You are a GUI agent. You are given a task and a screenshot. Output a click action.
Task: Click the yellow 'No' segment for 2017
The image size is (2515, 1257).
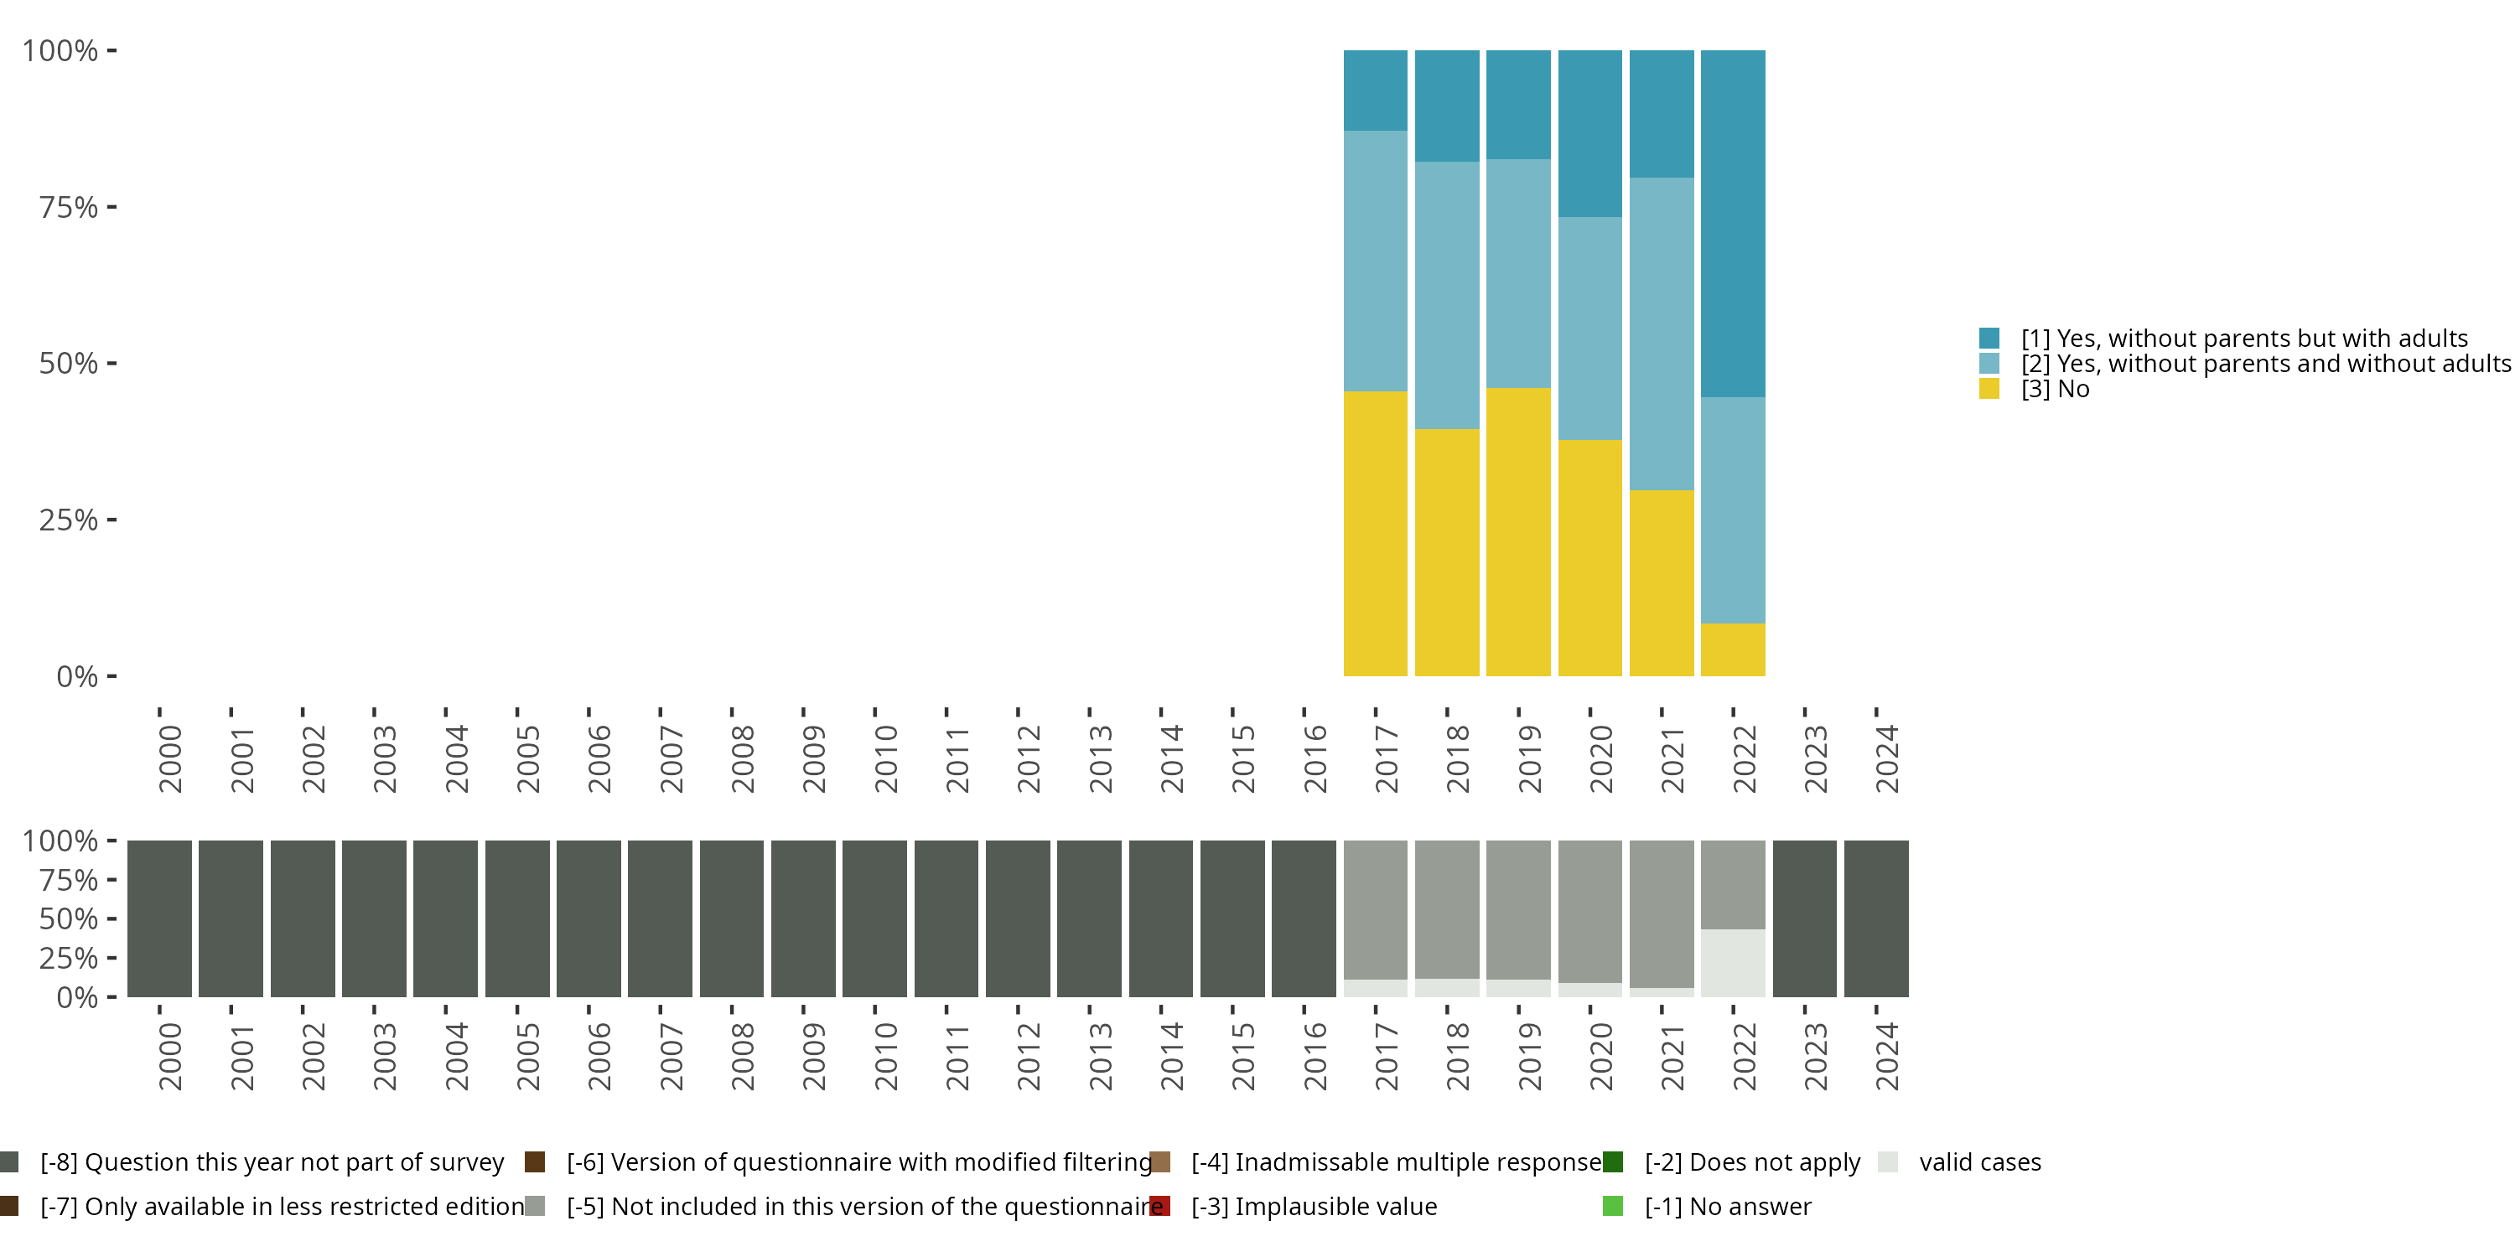[x=1375, y=533]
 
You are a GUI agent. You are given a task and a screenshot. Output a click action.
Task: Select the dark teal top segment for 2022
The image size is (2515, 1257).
[x=1732, y=223]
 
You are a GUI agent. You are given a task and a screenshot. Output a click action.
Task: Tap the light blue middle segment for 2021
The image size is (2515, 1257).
[x=1661, y=333]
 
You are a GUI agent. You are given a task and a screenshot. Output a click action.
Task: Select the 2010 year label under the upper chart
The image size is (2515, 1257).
[x=885, y=758]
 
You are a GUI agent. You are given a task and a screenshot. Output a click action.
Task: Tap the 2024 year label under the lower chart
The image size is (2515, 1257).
[x=1887, y=1056]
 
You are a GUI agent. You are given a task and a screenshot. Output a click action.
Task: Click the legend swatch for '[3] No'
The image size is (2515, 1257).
[x=1989, y=390]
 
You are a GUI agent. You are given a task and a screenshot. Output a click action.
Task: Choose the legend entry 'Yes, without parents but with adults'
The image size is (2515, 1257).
[x=2243, y=339]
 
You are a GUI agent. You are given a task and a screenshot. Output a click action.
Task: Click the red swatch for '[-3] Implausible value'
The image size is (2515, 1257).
[x=1160, y=1206]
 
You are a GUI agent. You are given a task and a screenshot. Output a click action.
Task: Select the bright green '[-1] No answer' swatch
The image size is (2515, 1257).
[x=1613, y=1206]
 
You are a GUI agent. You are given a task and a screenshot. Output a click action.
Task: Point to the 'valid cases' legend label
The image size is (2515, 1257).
[x=1979, y=1162]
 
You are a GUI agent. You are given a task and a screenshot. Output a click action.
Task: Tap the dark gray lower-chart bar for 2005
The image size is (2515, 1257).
[x=516, y=918]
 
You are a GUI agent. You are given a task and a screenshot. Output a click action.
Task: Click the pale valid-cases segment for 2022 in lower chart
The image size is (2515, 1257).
[x=1732, y=962]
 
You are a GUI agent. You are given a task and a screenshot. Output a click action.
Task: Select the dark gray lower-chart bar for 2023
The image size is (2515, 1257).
[x=1803, y=918]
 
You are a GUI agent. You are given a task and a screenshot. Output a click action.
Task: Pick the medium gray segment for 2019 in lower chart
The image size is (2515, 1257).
[x=1518, y=908]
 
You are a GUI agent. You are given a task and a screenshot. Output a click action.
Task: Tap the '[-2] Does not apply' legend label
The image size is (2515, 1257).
[x=1751, y=1162]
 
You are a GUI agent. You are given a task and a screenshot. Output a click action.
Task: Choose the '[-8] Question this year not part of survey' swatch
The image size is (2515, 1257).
[x=10, y=1162]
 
